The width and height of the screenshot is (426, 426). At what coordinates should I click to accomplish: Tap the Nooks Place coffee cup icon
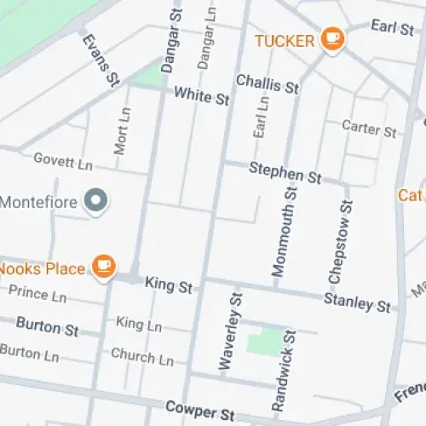pos(104,267)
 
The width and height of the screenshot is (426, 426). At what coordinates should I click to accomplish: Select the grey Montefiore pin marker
pos(100,202)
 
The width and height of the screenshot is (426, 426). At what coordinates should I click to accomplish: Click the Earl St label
pos(392,27)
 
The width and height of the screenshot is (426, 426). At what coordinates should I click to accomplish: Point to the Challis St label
pos(268,85)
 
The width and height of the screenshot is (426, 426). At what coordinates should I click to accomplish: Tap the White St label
pos(202,97)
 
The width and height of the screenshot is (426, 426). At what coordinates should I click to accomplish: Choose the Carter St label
pos(369,129)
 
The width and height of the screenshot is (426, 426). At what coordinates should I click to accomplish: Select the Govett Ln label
pos(62,161)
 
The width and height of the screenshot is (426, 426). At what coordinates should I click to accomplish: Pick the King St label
pos(168,285)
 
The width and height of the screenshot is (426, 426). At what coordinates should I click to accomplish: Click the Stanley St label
pos(357,302)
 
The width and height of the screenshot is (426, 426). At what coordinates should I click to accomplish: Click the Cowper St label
pos(200,412)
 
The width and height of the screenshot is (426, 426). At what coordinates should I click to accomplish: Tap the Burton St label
pos(48,327)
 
